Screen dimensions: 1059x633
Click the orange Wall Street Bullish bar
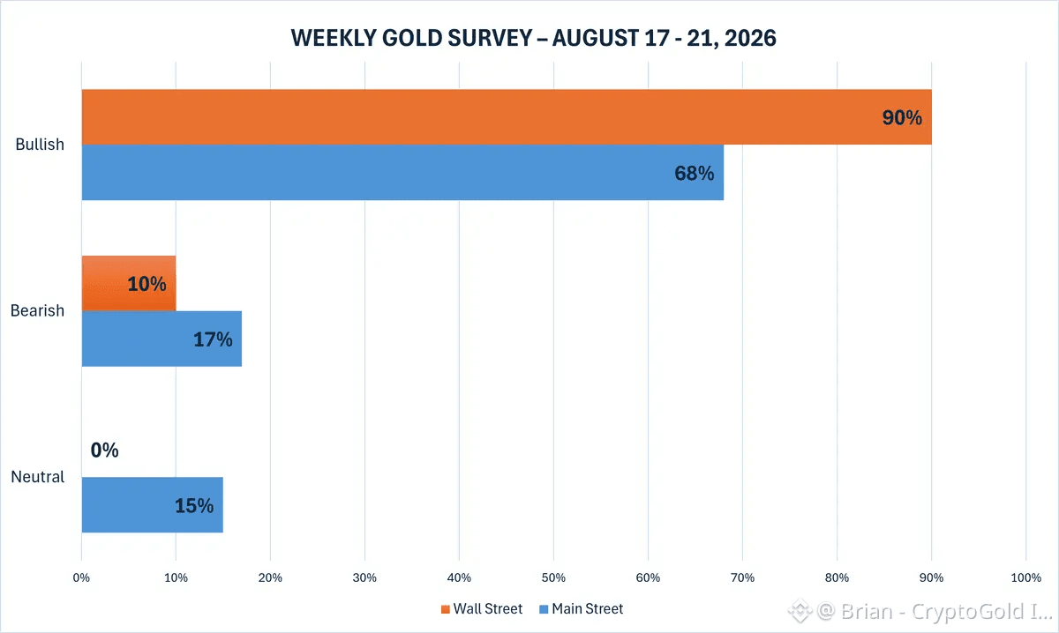[x=507, y=116]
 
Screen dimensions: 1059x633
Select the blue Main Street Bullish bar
[x=402, y=173]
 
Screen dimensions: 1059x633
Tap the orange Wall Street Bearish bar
[x=129, y=283]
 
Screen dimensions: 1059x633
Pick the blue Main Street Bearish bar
[x=161, y=339]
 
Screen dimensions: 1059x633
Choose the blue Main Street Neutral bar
[x=152, y=505]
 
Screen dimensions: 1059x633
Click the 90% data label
[x=902, y=117]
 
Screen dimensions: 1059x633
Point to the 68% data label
[x=694, y=174]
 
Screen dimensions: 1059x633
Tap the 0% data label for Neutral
[x=104, y=451]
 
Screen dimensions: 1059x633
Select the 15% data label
[x=194, y=506]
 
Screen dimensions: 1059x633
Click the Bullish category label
[x=40, y=144]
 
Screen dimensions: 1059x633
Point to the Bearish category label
[x=37, y=310]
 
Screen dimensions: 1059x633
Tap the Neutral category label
[x=37, y=477]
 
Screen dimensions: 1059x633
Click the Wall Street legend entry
[x=482, y=608]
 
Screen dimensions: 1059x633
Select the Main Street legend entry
[x=581, y=608]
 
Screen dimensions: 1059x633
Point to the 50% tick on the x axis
[x=553, y=577]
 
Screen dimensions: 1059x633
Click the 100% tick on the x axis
[x=1025, y=577]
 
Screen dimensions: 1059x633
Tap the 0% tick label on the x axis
[x=81, y=577]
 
